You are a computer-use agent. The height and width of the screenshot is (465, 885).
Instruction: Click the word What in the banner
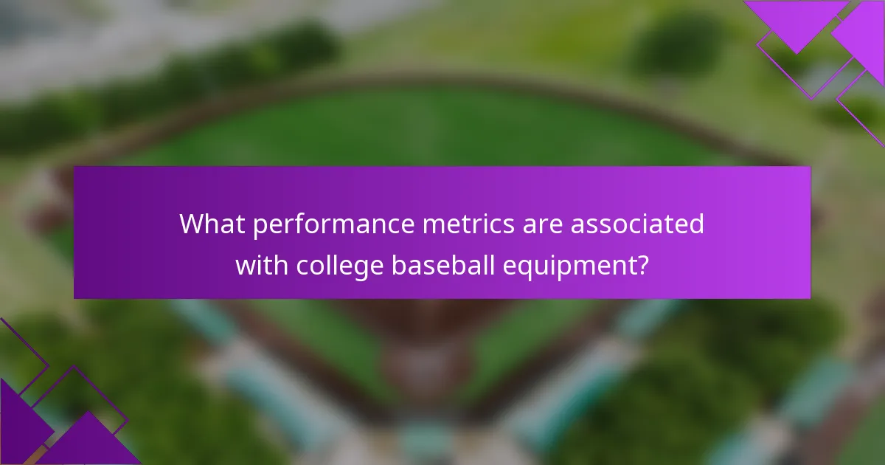pos(212,224)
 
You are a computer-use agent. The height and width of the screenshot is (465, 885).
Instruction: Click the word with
pos(262,263)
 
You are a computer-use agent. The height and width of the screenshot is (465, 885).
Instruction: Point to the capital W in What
pos(195,224)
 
